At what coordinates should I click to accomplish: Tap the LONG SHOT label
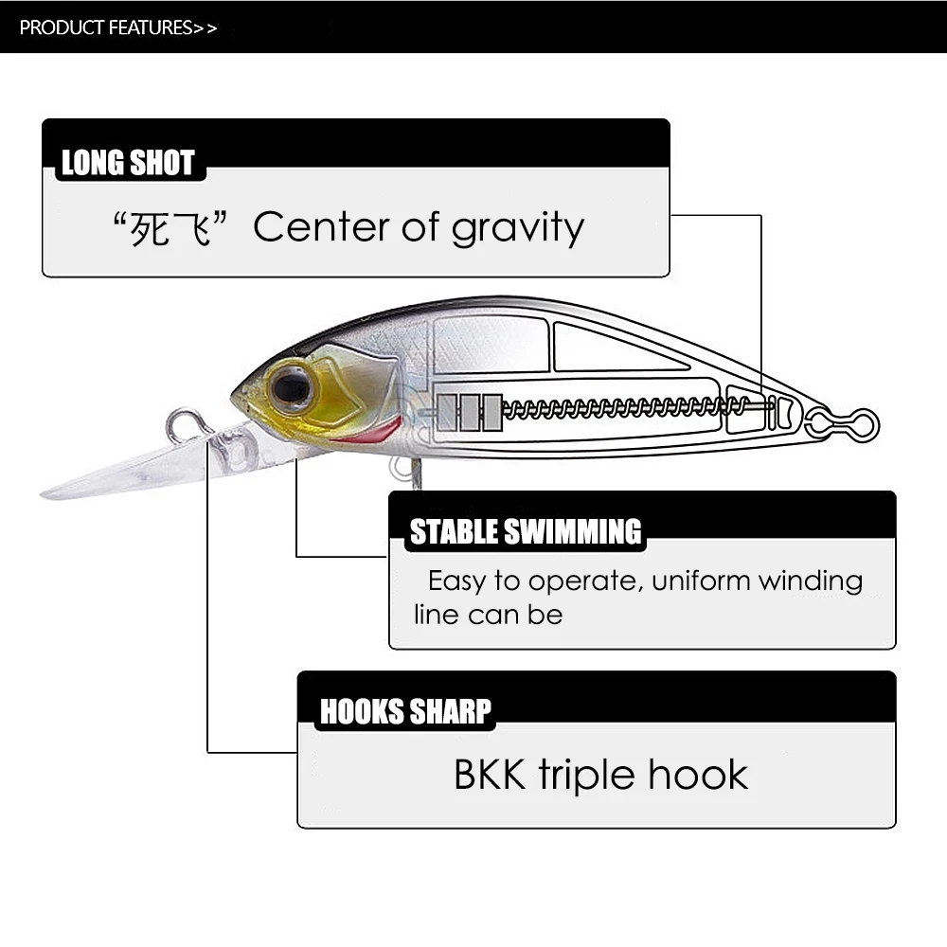click(128, 163)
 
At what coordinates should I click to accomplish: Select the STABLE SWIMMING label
click(525, 532)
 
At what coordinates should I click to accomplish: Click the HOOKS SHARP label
click(405, 711)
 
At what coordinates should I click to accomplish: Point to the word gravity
click(518, 229)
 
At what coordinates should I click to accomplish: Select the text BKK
click(491, 775)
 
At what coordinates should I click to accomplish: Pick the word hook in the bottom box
click(699, 775)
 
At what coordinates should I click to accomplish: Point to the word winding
click(815, 580)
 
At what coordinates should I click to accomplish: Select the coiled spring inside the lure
click(625, 408)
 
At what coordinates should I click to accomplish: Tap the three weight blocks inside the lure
click(470, 412)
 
